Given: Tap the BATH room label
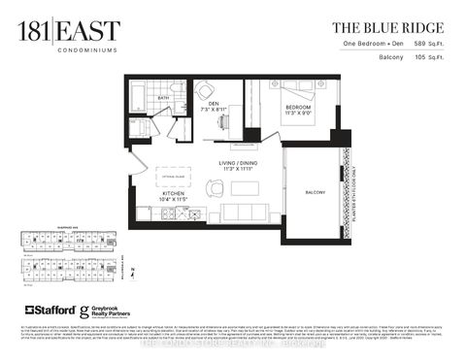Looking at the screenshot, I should (x=164, y=98).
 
